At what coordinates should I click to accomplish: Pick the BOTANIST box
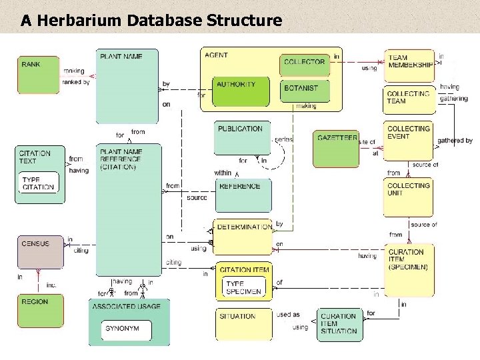coord(304,90)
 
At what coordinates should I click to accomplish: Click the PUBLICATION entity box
coord(243,137)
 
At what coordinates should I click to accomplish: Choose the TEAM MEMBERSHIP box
coord(409,64)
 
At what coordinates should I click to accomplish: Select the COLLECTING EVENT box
coord(409,140)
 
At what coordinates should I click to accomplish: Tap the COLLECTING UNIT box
coord(409,197)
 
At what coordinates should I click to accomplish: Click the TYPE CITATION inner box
coord(39,183)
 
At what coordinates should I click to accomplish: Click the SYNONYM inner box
coord(127,329)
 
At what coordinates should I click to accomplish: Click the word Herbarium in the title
coord(77,21)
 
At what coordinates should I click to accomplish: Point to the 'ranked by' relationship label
coord(75,82)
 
